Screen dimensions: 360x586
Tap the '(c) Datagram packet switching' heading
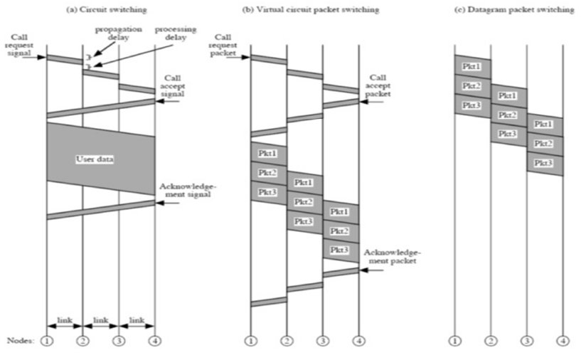click(508, 9)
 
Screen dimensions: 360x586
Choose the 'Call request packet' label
click(223, 43)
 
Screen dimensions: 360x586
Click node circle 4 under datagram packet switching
click(563, 341)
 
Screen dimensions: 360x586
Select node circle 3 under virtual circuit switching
click(323, 341)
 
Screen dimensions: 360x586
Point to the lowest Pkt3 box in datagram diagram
click(545, 164)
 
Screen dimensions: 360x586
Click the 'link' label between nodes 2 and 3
click(101, 321)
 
